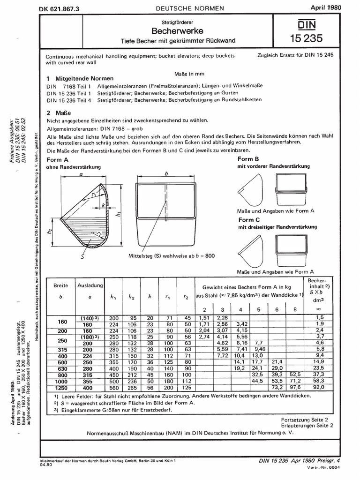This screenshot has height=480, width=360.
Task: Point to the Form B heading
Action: (x=248, y=159)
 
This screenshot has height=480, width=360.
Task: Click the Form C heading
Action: (x=248, y=220)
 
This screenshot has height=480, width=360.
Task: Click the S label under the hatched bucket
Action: (x=82, y=256)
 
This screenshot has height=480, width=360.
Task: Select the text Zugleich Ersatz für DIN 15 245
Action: (x=295, y=54)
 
